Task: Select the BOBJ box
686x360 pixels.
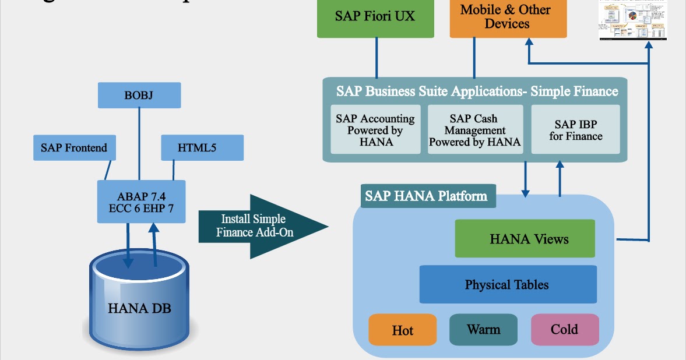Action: (139, 95)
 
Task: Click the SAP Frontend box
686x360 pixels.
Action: (74, 148)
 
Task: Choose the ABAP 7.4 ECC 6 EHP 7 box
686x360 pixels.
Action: (141, 202)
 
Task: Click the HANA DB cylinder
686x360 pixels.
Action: (139, 303)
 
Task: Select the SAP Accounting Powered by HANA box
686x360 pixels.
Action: (375, 130)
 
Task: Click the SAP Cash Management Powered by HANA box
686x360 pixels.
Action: (474, 130)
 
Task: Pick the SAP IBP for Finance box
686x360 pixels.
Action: (575, 130)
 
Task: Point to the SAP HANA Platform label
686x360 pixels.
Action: (426, 196)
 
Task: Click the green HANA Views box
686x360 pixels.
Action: (525, 238)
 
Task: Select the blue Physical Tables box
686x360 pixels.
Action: (507, 284)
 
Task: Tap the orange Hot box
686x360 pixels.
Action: (402, 330)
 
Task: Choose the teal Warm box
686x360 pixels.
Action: (483, 330)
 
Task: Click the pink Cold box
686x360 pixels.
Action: (564, 330)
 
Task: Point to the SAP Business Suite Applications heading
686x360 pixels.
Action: (476, 91)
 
